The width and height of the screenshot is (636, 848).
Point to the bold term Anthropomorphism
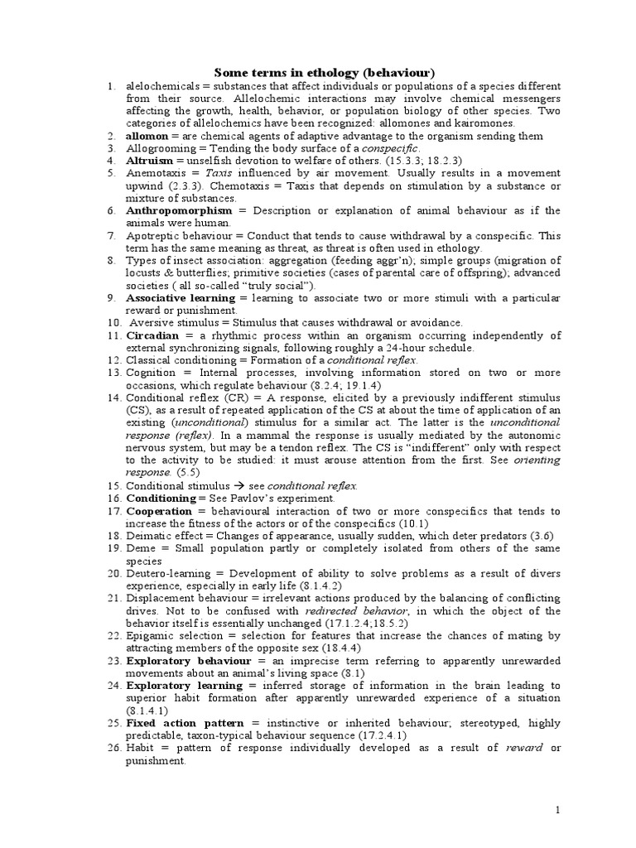[x=179, y=210]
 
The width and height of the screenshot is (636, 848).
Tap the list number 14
[x=113, y=398]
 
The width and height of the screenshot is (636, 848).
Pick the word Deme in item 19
[x=140, y=548]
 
